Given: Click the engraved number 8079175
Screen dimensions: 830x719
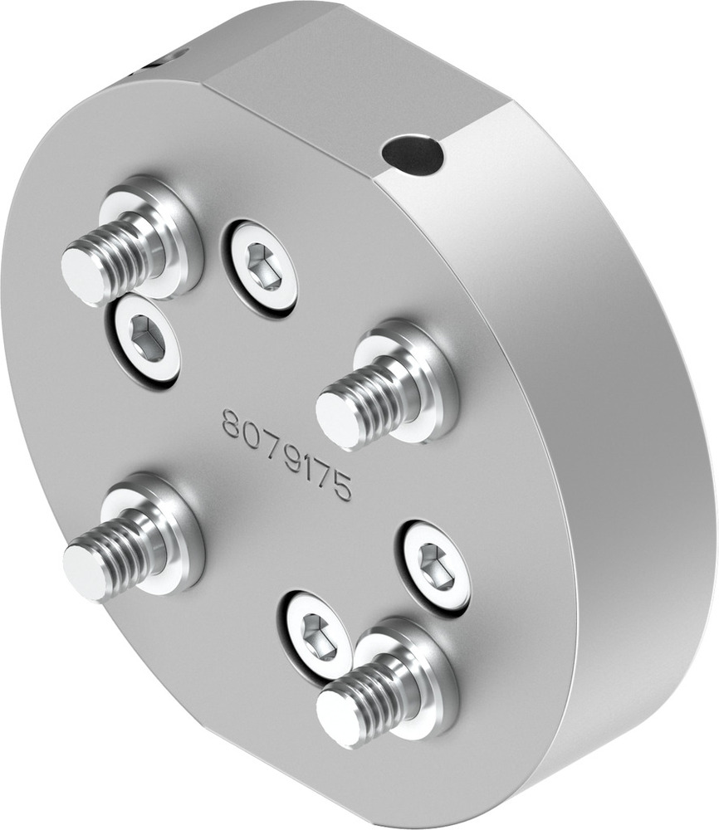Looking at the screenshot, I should click(286, 453).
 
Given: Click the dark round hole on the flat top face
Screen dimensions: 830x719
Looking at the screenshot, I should click(412, 154).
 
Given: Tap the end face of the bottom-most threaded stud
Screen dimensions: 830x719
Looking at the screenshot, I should click(339, 718).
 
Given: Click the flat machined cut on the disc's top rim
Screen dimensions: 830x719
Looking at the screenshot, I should click(357, 83).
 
